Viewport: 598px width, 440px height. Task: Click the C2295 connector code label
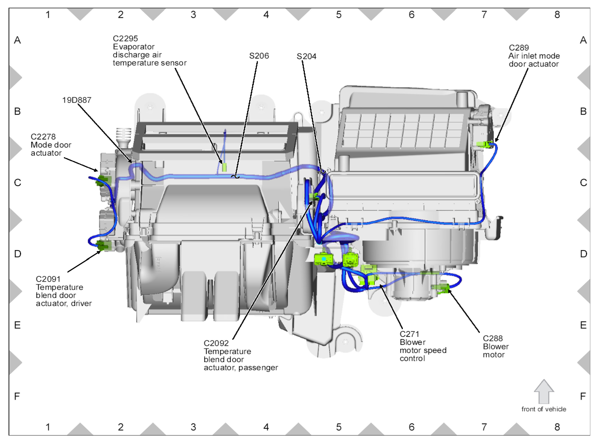(x=125, y=39)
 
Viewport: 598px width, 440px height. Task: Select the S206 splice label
(x=259, y=56)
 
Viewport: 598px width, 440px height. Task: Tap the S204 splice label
(x=306, y=56)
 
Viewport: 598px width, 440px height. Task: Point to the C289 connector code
(x=518, y=48)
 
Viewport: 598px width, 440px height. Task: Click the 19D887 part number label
(x=77, y=100)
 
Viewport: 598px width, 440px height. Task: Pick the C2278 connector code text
(x=43, y=137)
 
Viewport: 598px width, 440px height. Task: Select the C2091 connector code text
(x=48, y=279)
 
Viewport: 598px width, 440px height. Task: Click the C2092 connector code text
(x=216, y=343)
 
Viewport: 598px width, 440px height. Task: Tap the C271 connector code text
(x=409, y=334)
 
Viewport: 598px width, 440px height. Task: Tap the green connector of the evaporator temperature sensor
(x=224, y=167)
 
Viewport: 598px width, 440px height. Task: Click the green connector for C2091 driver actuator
(x=104, y=245)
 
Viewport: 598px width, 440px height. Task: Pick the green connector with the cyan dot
(x=323, y=259)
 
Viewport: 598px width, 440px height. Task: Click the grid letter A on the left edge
(x=17, y=40)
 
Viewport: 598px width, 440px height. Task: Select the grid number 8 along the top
(x=557, y=15)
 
